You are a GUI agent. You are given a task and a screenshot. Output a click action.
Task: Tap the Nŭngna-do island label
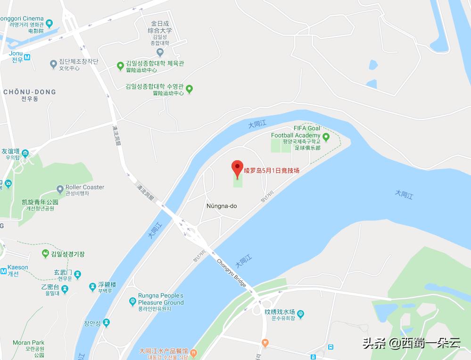click(x=221, y=206)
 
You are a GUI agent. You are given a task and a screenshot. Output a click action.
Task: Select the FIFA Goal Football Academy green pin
click(x=326, y=137)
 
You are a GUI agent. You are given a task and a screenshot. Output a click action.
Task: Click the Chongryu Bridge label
click(x=231, y=273)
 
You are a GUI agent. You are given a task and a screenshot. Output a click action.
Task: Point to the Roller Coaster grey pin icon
click(x=60, y=189)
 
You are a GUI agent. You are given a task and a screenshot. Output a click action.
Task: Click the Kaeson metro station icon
click(x=3, y=270)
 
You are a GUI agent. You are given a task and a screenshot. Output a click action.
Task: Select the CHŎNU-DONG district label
click(x=29, y=92)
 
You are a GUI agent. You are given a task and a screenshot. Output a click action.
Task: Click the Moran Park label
click(x=28, y=343)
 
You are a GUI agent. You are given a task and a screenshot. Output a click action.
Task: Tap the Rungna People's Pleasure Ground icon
click(x=132, y=301)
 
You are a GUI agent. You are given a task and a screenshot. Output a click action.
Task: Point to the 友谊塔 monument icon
click(x=25, y=153)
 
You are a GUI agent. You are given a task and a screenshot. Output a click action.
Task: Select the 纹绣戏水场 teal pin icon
click(x=300, y=313)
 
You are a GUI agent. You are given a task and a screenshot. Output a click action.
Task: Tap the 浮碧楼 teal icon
click(x=92, y=287)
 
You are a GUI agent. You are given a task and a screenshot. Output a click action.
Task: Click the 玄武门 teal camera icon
click(x=78, y=274)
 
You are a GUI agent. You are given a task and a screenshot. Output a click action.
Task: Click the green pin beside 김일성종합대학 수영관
click(x=189, y=89)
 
